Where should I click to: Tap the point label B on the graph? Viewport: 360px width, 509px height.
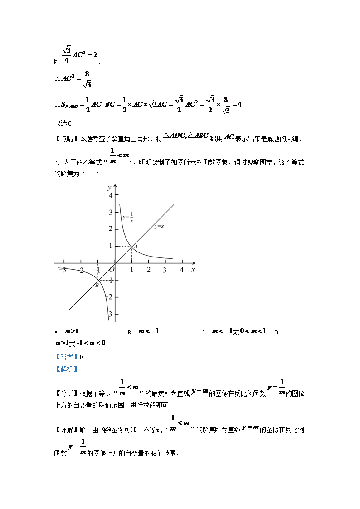click(x=97, y=285)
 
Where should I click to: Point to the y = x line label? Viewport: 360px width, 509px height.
click(x=159, y=226)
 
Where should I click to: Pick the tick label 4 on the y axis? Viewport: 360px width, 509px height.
click(x=110, y=195)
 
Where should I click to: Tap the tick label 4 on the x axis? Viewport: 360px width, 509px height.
click(x=182, y=270)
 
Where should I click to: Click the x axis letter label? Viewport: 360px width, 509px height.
click(x=193, y=270)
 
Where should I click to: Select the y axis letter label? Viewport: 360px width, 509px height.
click(x=109, y=187)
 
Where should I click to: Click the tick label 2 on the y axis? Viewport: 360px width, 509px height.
click(x=110, y=229)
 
